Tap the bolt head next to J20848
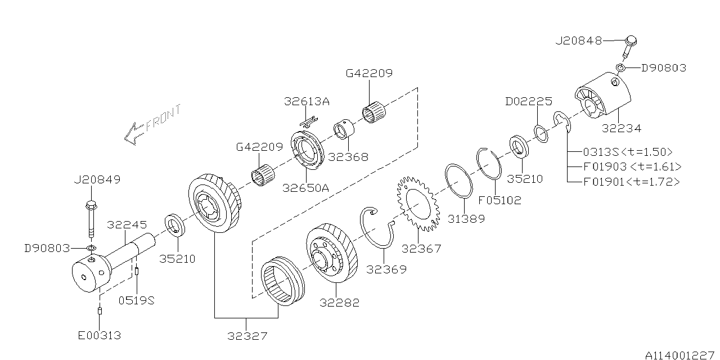pos(631,40)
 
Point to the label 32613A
pos(307,102)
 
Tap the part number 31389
pos(466,219)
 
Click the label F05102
pos(499,200)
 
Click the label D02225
pos(528,101)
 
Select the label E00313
pos(99,336)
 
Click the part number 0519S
pos(136,300)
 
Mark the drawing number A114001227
pos(679,354)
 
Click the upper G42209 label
pos(369,73)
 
